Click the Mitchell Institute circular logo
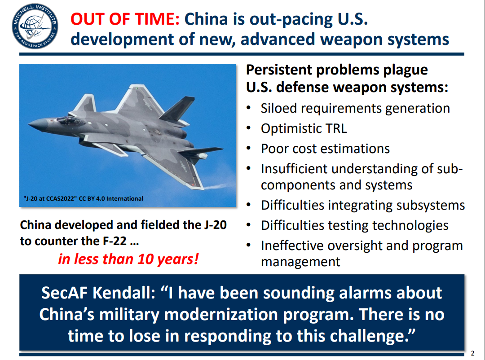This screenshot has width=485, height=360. point(35,26)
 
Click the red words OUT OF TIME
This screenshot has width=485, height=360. point(125,19)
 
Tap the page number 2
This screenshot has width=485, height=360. point(472,353)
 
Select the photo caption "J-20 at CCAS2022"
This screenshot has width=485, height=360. point(50,198)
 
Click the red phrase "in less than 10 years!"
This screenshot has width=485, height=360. point(128,259)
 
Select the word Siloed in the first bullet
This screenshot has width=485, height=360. point(279,109)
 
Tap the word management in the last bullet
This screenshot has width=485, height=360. point(300,262)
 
